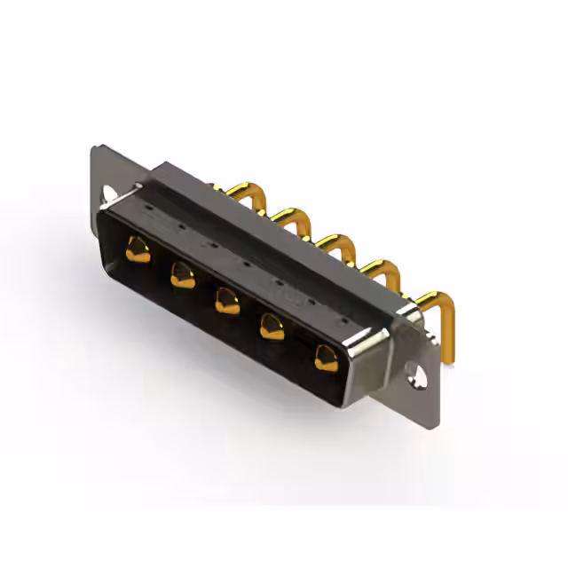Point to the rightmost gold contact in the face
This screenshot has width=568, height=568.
coord(322,357)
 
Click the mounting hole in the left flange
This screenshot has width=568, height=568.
coord(110,193)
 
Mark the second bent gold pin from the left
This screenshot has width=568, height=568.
coord(288,217)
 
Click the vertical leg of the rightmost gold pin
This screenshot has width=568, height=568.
coord(449,333)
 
